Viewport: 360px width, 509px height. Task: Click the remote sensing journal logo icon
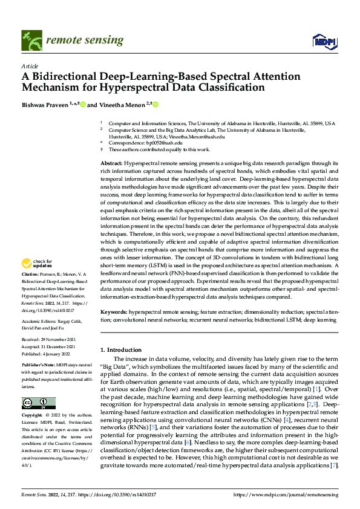click(x=30, y=40)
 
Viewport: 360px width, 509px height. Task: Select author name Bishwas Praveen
click(x=45, y=105)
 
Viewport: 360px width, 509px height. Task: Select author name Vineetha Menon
click(x=123, y=105)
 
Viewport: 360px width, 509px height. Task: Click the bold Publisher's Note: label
click(x=38, y=366)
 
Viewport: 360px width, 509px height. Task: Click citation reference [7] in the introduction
click(x=334, y=465)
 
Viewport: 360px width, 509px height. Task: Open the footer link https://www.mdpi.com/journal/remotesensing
click(x=286, y=494)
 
